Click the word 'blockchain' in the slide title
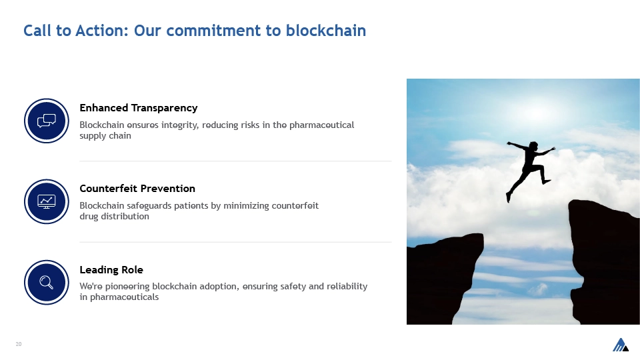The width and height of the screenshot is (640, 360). pos(326,31)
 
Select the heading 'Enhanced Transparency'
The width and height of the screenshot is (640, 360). pos(139,108)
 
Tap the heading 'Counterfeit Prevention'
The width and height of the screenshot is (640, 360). pos(137,189)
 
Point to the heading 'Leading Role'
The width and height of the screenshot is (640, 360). pos(111,270)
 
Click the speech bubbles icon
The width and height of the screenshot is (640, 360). pos(47,121)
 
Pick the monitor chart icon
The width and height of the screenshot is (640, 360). pos(47,201)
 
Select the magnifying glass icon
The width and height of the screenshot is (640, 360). pos(47,283)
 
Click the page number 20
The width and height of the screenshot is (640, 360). pos(19,344)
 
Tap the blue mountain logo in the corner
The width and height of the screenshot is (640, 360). pos(621,345)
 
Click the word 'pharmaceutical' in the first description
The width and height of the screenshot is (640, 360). pos(321,125)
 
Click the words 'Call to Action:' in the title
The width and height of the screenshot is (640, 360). pos(76,31)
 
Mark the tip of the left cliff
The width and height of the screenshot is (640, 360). pos(483,235)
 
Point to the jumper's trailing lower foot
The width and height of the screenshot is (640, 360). pos(509,199)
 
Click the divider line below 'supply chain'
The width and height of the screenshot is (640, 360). pos(235,161)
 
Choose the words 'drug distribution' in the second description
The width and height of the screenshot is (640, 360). pos(114,216)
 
